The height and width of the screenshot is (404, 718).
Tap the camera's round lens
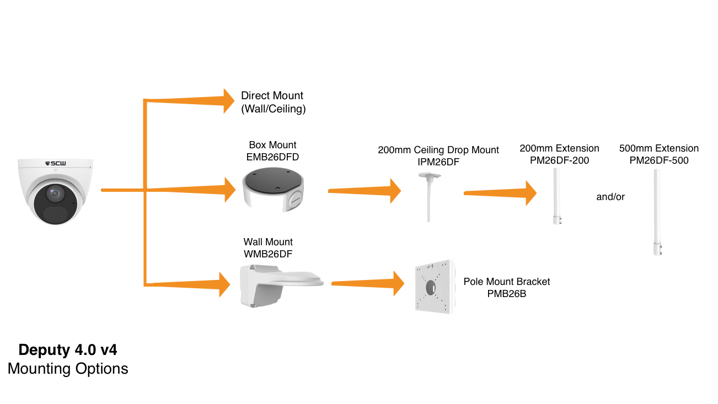tap(53, 193)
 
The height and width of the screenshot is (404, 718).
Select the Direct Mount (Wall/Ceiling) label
tap(273, 103)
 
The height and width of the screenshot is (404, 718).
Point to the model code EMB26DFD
tap(272, 157)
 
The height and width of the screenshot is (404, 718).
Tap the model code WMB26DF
tap(268, 254)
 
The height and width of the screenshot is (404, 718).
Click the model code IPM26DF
tap(438, 162)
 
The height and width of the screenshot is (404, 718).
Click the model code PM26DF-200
tap(559, 160)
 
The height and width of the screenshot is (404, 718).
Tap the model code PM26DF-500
tap(658, 160)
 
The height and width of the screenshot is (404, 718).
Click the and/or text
tap(610, 197)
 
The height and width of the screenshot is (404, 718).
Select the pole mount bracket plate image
tap(434, 287)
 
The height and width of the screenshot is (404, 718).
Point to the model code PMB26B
tap(506, 294)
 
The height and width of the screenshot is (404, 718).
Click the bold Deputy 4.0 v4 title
tap(68, 350)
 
